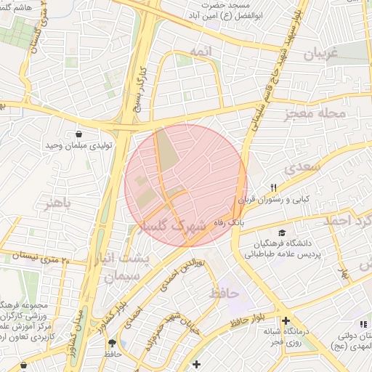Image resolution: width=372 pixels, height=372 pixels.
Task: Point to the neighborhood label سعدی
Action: [302, 169]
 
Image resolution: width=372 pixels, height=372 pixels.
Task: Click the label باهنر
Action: [58, 204]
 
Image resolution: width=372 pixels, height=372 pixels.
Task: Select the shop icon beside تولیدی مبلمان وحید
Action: [78, 134]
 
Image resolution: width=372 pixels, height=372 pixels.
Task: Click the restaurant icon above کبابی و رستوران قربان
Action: [274, 187]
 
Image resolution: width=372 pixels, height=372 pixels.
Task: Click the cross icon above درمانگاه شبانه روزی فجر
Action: [286, 320]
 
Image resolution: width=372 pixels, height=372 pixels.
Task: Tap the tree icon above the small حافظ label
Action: [111, 343]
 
